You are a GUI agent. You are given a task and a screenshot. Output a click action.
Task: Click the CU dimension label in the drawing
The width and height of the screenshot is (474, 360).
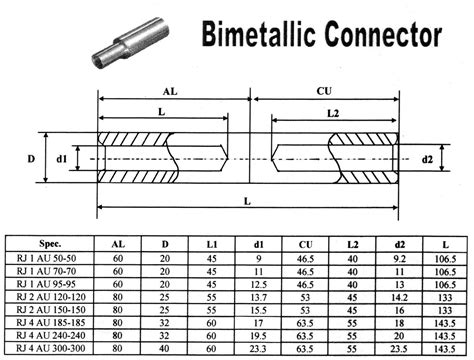(x=323, y=91)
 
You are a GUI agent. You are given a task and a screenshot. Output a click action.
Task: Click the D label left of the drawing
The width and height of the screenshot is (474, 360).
(x=32, y=159)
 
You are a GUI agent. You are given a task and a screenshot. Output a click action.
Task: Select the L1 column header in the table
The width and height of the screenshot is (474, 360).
(x=211, y=243)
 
